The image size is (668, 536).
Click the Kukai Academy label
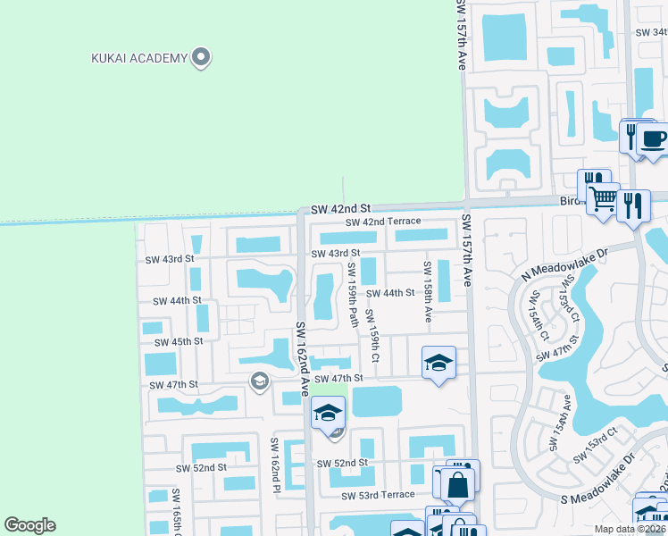pyautogui.click(x=139, y=59)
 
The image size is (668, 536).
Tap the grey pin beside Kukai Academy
pyautogui.click(x=202, y=58)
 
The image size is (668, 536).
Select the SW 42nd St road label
pyautogui.click(x=340, y=208)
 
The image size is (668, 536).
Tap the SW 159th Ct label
pyautogui.click(x=375, y=340)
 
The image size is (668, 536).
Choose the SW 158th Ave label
pyautogui.click(x=428, y=291)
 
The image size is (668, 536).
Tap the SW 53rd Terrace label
pyautogui.click(x=378, y=495)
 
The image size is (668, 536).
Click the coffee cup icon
pyautogui.click(x=653, y=138)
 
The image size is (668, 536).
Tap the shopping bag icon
pyautogui.click(x=457, y=485)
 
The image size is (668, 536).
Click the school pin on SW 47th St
pyautogui.click(x=438, y=363)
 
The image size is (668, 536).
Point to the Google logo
pyautogui.click(x=29, y=525)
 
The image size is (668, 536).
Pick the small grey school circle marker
pyautogui.click(x=260, y=382)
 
